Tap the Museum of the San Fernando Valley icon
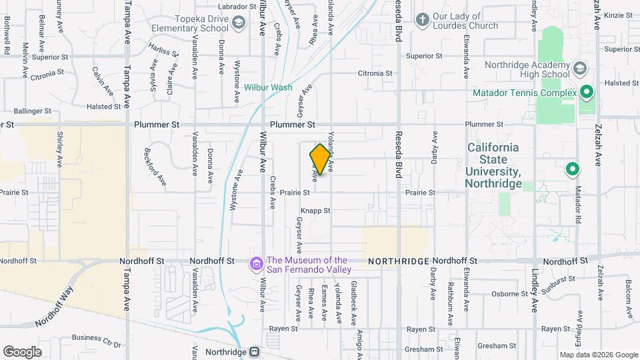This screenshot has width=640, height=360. [x=255, y=265]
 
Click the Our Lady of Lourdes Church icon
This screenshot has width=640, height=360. [x=421, y=20]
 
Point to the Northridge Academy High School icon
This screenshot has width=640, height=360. [x=580, y=68]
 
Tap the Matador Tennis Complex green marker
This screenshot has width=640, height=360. [x=587, y=92]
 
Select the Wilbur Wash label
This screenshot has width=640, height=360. [x=267, y=87]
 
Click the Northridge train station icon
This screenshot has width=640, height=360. [x=254, y=351]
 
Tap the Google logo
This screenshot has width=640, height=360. [x=22, y=351]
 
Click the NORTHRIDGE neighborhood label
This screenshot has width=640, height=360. [x=398, y=261]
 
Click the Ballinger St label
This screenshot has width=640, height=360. [x=33, y=111]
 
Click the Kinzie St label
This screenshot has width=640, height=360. [x=621, y=15]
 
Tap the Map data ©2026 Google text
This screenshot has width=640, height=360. [x=598, y=355]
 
